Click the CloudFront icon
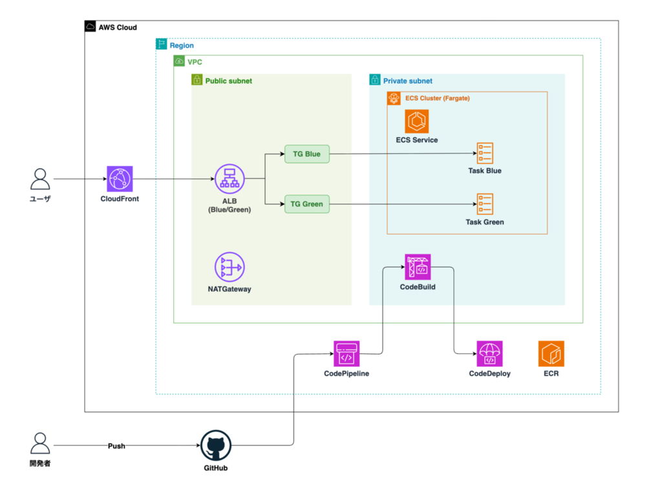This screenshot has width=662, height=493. tap(120, 178)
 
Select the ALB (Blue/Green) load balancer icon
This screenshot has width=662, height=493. tap(230, 179)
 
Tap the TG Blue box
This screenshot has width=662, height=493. tap(307, 154)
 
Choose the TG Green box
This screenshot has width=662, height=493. tap(307, 204)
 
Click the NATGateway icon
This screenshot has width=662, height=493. tap(230, 267)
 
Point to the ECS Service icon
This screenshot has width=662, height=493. tap(417, 121)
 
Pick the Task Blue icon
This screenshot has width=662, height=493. tap(485, 152)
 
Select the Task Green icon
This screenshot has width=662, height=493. tap(485, 204)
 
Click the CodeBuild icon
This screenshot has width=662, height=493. tap(418, 267)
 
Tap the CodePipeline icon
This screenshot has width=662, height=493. tap(347, 353)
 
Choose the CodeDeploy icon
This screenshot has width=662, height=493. tap(490, 353)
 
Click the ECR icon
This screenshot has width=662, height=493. tap(551, 353)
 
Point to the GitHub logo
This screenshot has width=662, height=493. tap(216, 445)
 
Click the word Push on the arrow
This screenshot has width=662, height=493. tap(116, 446)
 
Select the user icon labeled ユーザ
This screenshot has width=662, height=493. tap(40, 179)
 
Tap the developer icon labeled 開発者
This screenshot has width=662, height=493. tap(40, 443)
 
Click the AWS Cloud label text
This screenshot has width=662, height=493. tap(118, 27)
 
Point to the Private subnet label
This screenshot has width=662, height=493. tap(408, 81)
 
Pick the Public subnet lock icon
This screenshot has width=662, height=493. tap(197, 79)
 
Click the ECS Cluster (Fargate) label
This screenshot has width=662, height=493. tap(438, 98)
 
